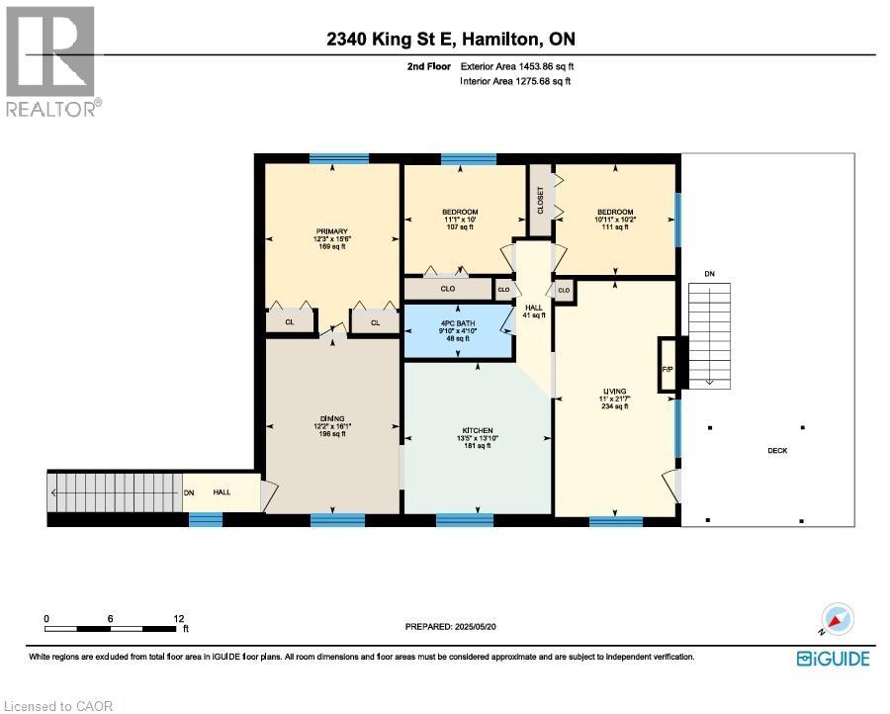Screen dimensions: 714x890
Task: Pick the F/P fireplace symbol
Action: (x=667, y=369)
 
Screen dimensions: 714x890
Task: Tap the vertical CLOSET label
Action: (x=541, y=200)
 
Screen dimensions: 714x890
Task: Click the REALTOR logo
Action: (x=49, y=61)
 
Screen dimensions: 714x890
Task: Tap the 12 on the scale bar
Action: (x=179, y=618)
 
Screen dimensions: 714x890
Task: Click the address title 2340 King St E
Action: (x=450, y=40)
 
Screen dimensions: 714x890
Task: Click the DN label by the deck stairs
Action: (x=709, y=273)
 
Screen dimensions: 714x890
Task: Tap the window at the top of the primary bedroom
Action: (x=338, y=158)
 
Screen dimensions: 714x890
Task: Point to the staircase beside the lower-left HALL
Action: (x=114, y=492)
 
